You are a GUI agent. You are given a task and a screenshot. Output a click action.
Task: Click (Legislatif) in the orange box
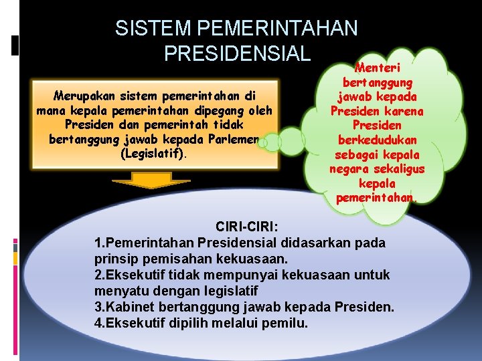154,154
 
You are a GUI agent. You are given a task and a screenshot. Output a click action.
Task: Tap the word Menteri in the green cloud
376,68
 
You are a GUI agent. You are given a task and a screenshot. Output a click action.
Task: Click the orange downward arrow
141,181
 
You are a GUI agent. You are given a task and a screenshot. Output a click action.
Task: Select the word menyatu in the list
120,291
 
